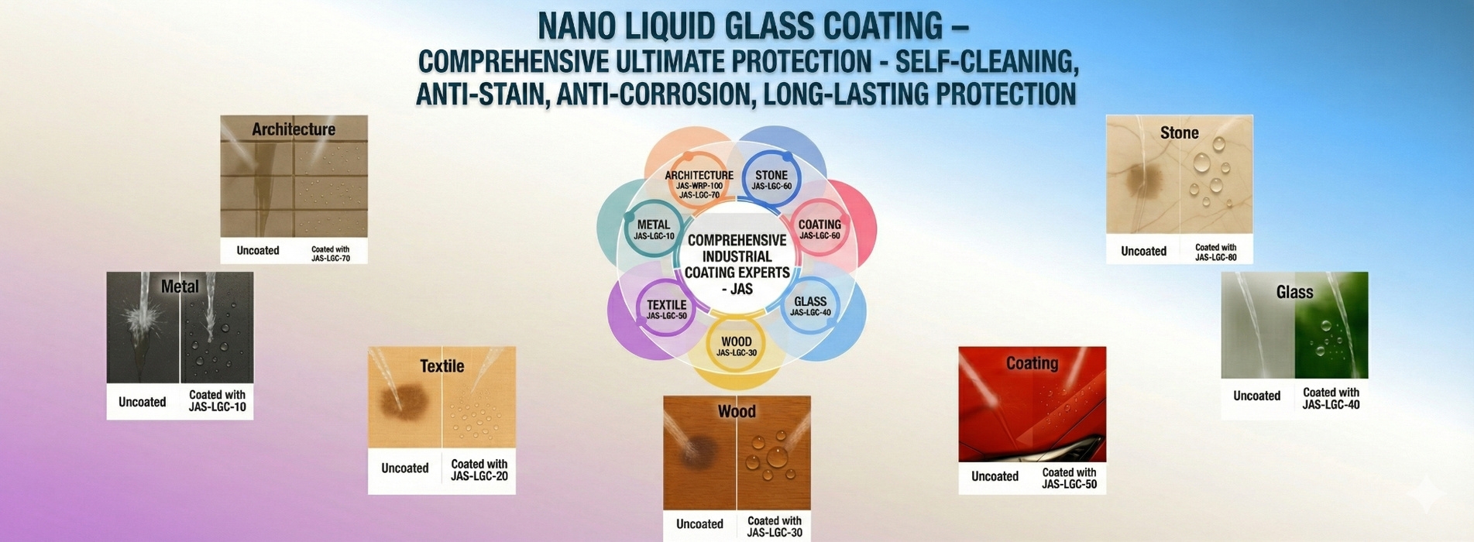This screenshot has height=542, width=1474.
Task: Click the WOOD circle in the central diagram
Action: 736,346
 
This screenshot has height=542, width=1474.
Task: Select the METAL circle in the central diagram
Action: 654,229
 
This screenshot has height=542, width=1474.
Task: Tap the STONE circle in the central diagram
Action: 771,180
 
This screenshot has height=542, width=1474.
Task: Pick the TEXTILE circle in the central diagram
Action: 667,309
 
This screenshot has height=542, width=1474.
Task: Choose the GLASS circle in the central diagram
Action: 810,306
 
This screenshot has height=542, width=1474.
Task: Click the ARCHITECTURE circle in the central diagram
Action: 699,184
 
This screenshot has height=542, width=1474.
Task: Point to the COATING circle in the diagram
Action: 819,229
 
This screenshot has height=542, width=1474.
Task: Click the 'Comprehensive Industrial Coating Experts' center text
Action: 737,264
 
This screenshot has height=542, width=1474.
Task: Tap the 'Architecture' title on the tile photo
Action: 294,129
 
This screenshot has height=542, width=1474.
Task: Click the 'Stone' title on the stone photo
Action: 1179,132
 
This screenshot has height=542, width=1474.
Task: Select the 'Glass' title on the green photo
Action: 1294,292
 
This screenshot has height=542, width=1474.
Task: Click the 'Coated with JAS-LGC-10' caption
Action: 217,400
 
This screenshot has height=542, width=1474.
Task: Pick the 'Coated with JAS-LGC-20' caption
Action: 479,470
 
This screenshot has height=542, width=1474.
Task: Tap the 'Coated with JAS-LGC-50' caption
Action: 1069,479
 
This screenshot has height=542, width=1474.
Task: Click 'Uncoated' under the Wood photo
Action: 699,524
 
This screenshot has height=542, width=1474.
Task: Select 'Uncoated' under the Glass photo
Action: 1256,396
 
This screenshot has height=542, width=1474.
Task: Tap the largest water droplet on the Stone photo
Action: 1201,163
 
